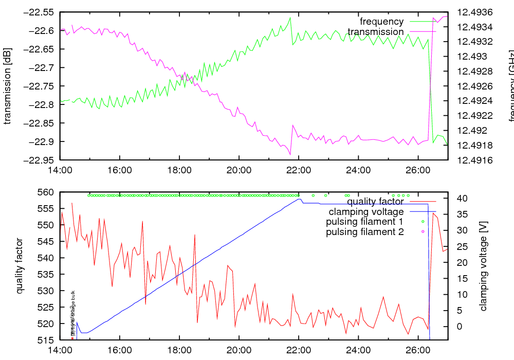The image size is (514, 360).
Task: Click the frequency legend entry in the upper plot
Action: [x=381, y=22]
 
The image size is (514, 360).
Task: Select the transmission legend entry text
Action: [x=376, y=32]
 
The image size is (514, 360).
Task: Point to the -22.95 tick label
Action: [x=40, y=160]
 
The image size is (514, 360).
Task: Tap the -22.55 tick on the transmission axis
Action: [x=40, y=12]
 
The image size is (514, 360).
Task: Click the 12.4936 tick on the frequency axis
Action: [x=474, y=12]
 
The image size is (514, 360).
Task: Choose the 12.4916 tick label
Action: [x=474, y=160]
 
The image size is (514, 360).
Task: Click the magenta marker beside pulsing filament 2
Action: [x=423, y=232]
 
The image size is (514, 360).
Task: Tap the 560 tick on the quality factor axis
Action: [x=47, y=192]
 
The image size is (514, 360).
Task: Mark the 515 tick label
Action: [x=47, y=340]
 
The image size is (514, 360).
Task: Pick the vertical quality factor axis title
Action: [x=19, y=266]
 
